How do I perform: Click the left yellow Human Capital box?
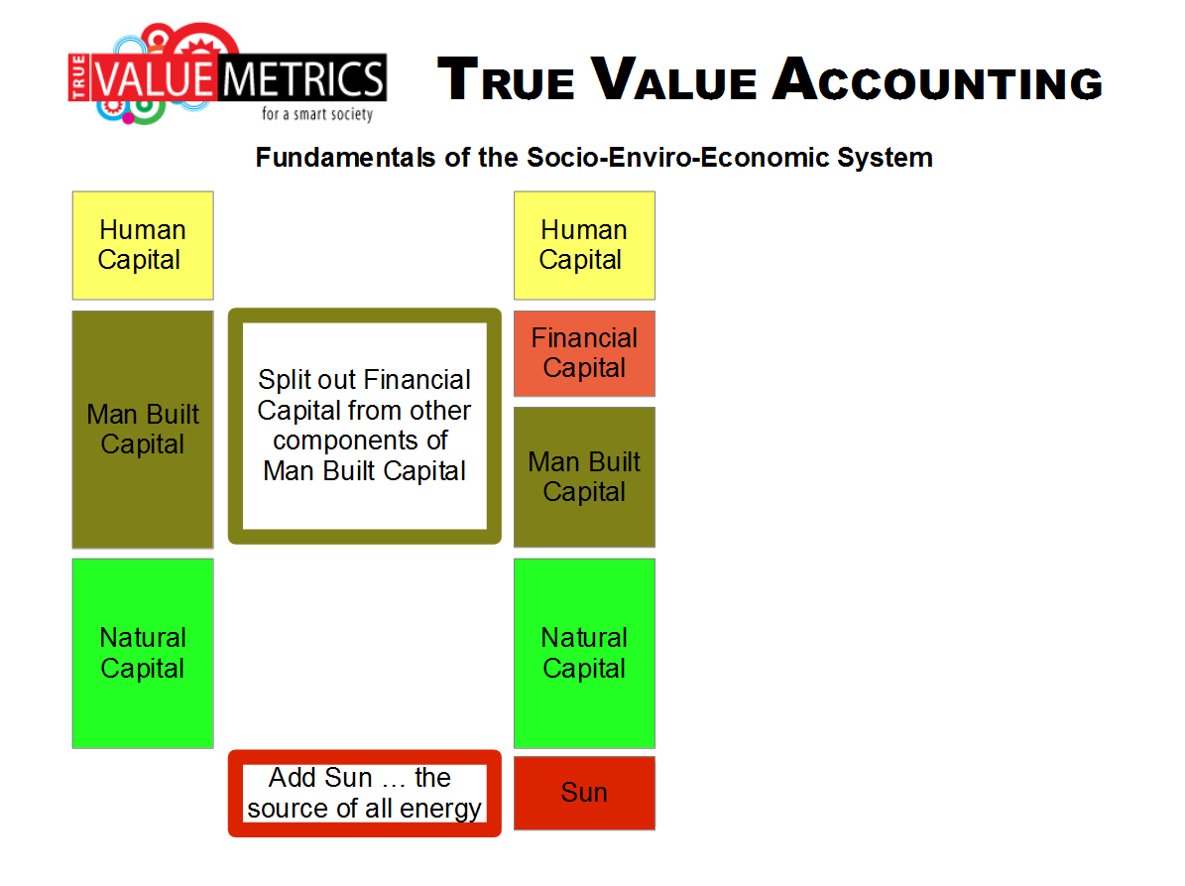point(143,246)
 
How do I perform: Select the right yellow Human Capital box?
point(584,246)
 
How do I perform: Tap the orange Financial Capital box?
point(584,354)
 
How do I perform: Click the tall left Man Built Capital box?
point(143,430)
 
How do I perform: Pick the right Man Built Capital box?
point(584,477)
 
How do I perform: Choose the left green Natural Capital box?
point(143,654)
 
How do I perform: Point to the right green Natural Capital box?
point(584,654)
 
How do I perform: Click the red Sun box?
point(584,793)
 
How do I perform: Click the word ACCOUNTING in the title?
point(938,79)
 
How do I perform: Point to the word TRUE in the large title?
point(506,79)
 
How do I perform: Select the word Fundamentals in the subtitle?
point(345,157)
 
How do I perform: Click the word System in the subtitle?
point(885,158)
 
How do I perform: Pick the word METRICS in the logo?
point(302,78)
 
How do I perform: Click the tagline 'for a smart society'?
point(317,114)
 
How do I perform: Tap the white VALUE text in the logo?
point(154,78)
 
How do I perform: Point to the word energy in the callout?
point(440,809)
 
